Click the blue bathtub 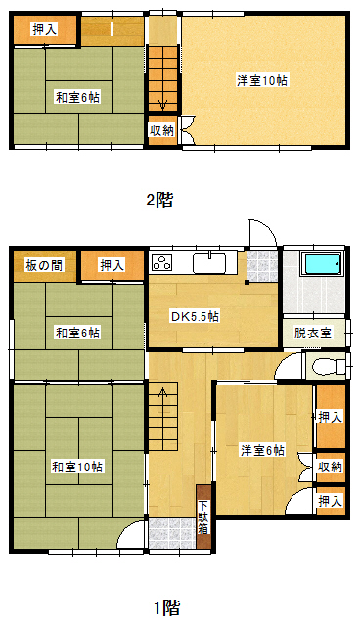tap(322, 263)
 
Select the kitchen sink tap(209, 263)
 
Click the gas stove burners tap(162, 263)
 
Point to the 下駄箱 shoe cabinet tap(203, 516)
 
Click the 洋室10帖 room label tap(262, 81)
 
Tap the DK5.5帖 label tap(195, 317)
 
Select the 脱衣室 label tap(313, 333)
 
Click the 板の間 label tap(44, 265)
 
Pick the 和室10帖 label tap(77, 467)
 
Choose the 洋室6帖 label tap(262, 450)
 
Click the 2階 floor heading tap(159, 200)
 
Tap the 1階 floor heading tap(167, 607)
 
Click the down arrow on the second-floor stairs tap(162, 105)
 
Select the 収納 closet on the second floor tap(162, 131)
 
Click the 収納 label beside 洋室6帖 tap(331, 467)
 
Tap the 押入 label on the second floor tap(45, 29)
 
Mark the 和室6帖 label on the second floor tap(77, 97)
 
